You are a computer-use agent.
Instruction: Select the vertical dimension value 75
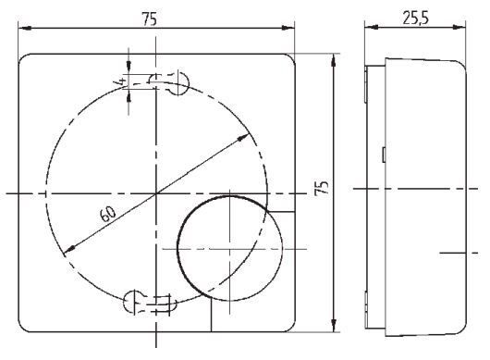coord(322,190)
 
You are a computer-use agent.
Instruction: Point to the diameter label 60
coord(107,215)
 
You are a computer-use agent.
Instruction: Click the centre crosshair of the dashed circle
coord(156,192)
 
